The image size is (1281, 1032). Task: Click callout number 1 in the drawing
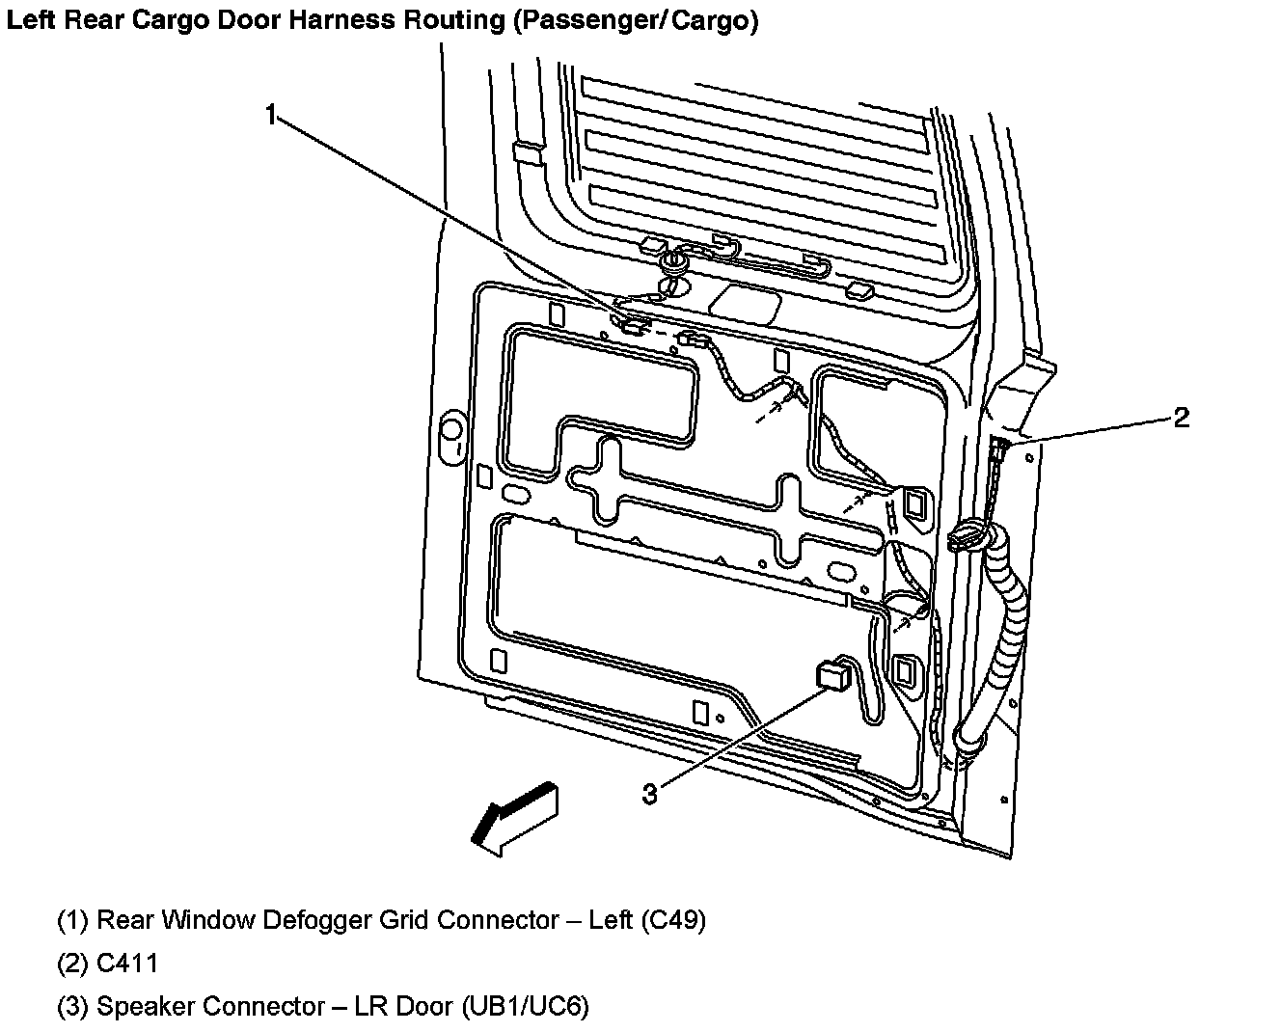click(x=272, y=115)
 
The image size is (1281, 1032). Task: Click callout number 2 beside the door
click(x=1181, y=418)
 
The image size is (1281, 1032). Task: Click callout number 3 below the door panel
click(x=650, y=794)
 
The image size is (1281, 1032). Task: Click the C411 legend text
click(x=127, y=963)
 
